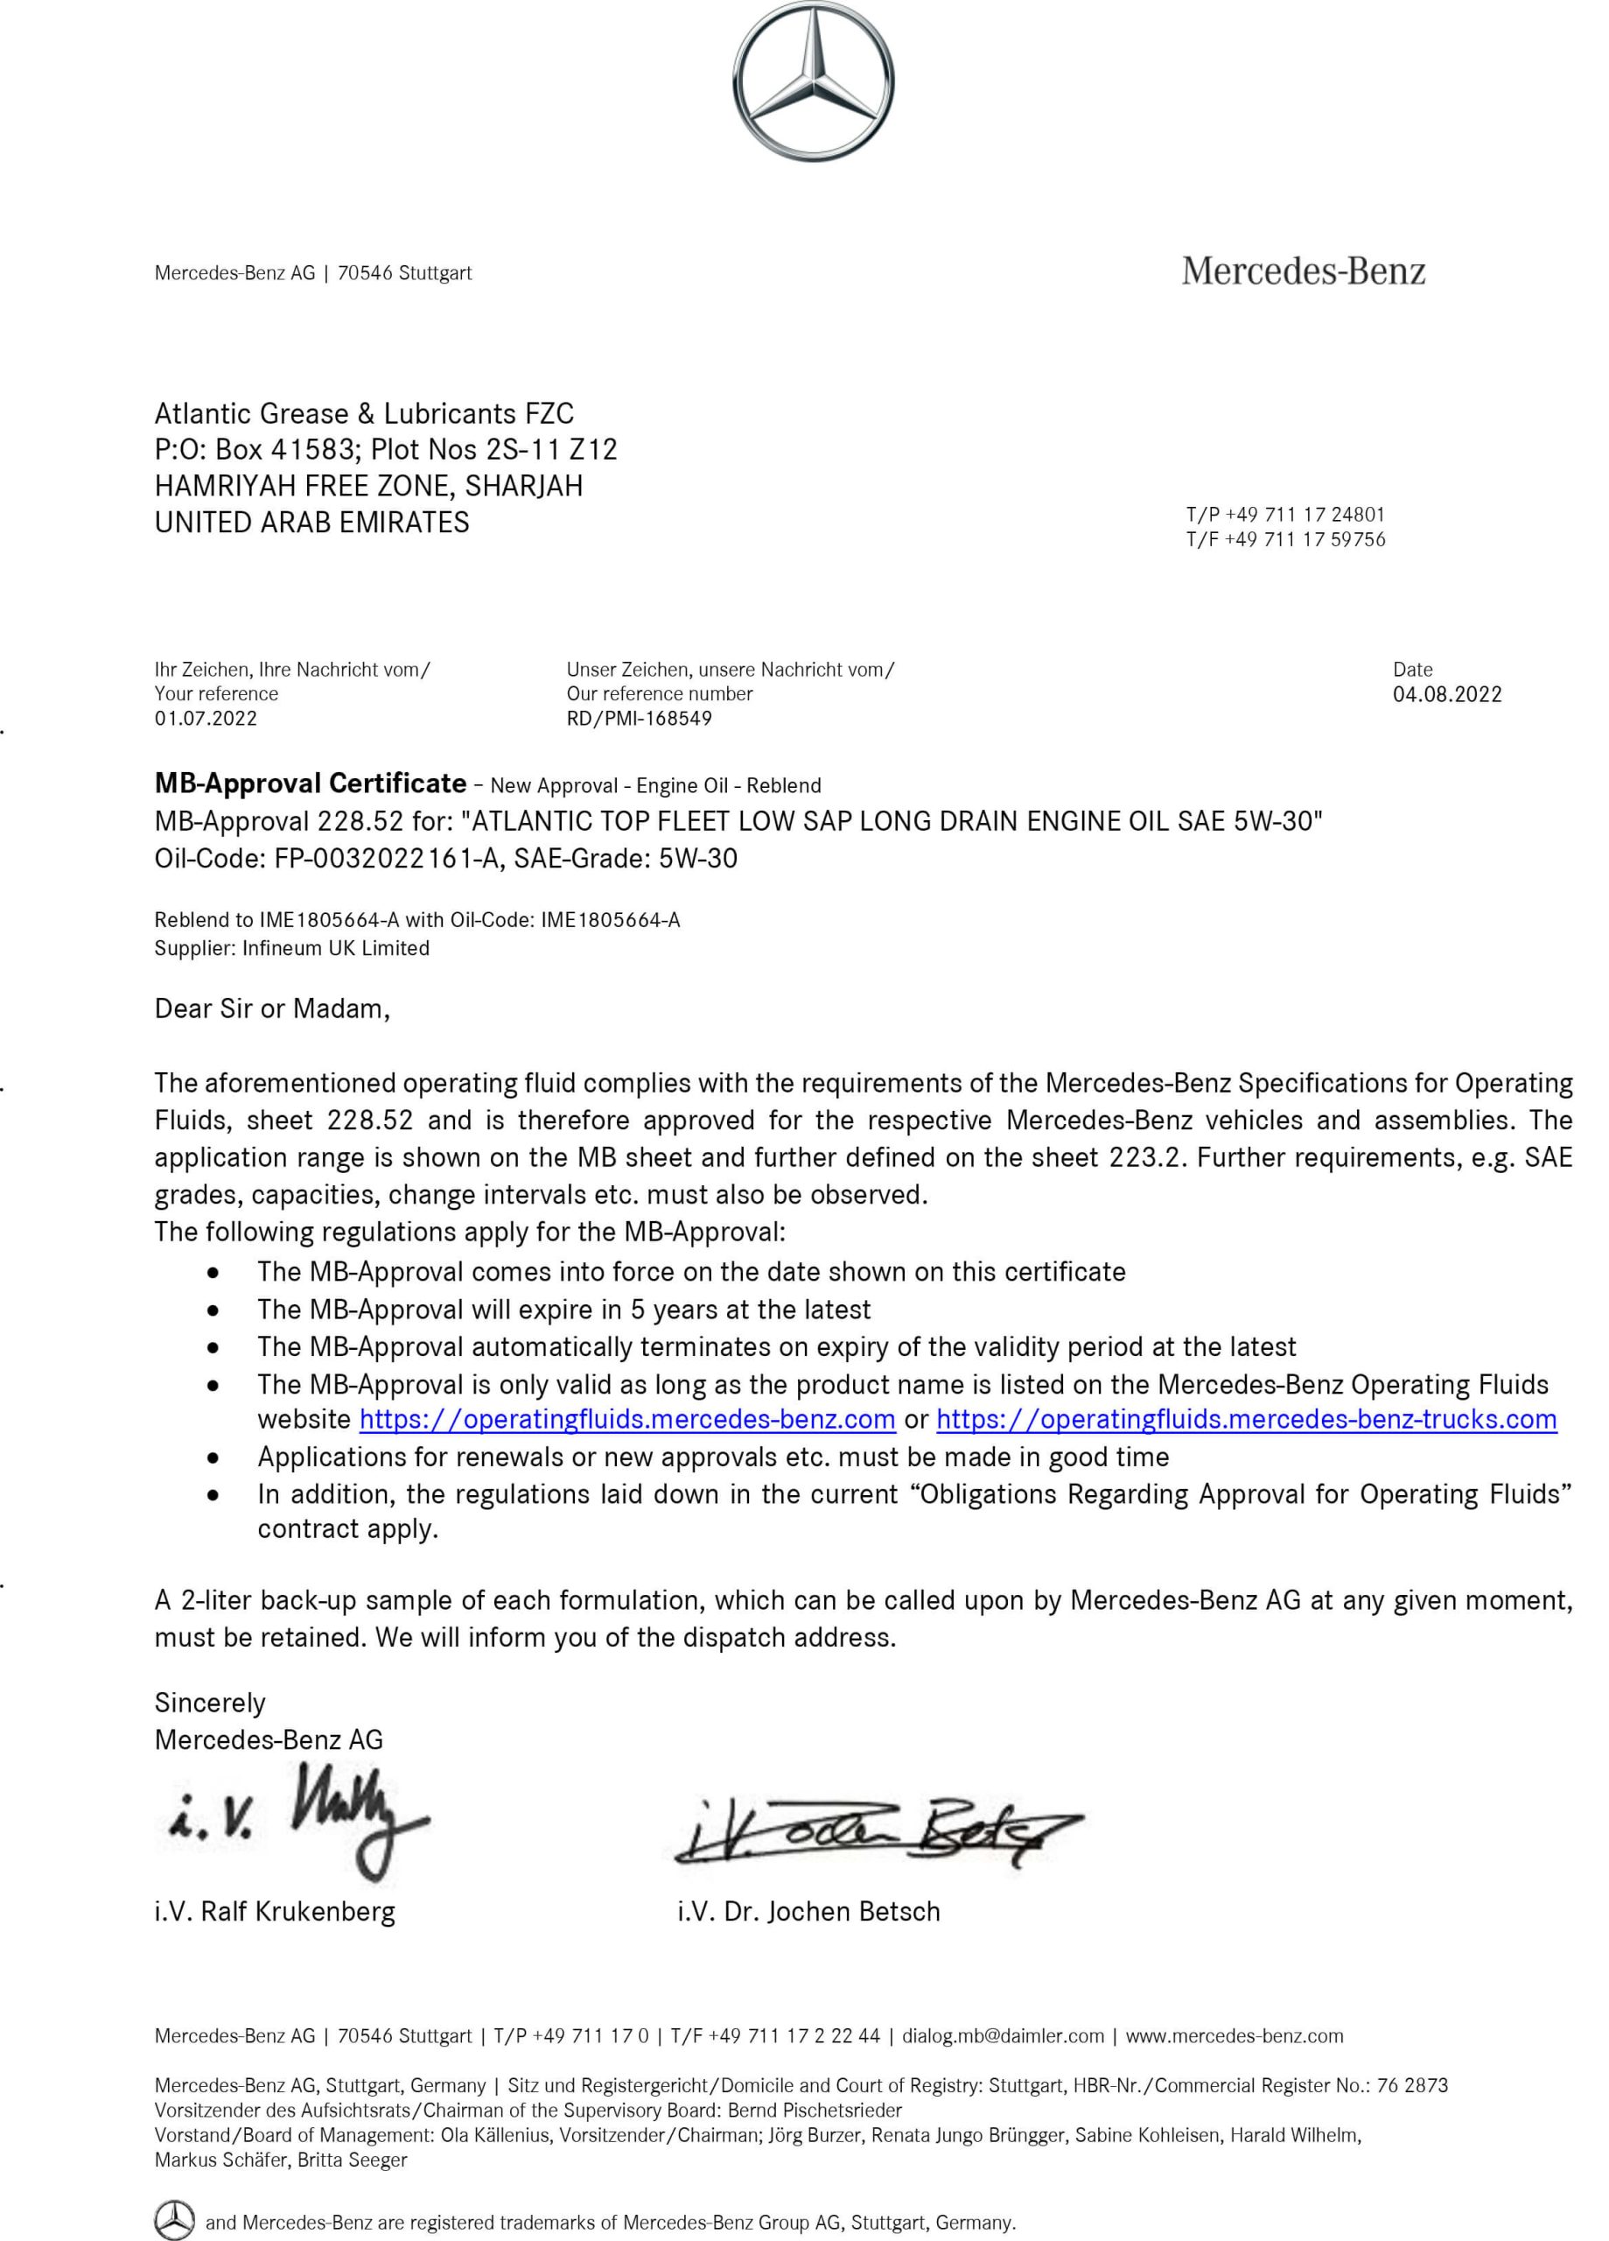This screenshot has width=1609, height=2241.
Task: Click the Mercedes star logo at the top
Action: [x=814, y=81]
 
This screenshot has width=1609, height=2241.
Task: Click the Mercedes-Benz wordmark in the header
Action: [x=1303, y=270]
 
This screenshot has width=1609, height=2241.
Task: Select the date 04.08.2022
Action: [x=1446, y=695]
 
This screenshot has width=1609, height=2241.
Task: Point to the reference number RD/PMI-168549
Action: [x=638, y=719]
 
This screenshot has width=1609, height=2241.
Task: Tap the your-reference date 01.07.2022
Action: [x=206, y=719]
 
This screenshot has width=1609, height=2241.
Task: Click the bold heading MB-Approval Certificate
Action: [x=310, y=783]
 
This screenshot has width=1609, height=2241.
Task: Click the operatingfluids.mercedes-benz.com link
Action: [x=627, y=1420]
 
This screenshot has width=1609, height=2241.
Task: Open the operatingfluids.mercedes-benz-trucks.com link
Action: [x=1247, y=1420]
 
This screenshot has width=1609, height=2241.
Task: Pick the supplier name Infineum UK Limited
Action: [x=336, y=949]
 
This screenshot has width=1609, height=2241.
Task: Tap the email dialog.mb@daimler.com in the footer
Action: [x=1003, y=2036]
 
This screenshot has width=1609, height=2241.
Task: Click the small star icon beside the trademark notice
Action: [x=175, y=2219]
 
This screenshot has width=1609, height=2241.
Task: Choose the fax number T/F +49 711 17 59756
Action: [x=1285, y=539]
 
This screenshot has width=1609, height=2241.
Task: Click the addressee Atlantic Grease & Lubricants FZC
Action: [x=363, y=413]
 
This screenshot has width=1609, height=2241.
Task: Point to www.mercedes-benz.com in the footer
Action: [x=1235, y=2036]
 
